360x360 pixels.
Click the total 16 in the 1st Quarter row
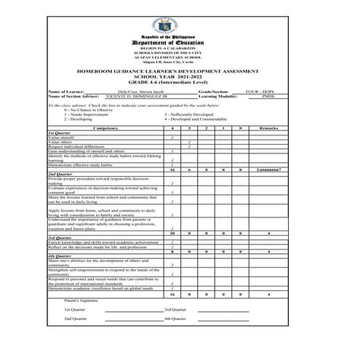[x=172, y=169]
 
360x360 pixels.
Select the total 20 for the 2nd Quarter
[x=172, y=233]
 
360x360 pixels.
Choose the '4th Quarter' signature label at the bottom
[x=175, y=319]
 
